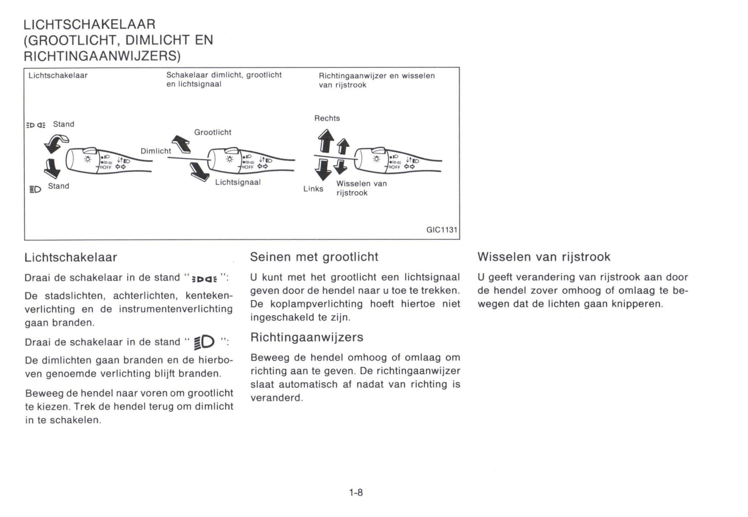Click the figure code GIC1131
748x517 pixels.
(x=442, y=229)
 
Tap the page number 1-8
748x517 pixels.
(x=356, y=493)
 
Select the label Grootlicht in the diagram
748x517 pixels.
(x=212, y=132)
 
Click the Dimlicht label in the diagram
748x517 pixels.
(x=155, y=151)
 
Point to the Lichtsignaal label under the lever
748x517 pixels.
(x=238, y=182)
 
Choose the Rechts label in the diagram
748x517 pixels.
(x=327, y=118)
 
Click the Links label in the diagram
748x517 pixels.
(x=313, y=189)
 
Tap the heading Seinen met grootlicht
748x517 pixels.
(x=314, y=257)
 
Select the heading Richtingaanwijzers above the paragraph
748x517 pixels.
(x=306, y=337)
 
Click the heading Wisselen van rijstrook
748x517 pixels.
(x=544, y=257)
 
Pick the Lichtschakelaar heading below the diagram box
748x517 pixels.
(x=70, y=257)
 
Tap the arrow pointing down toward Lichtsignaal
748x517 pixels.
(x=199, y=171)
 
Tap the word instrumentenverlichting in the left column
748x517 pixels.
(x=175, y=309)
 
